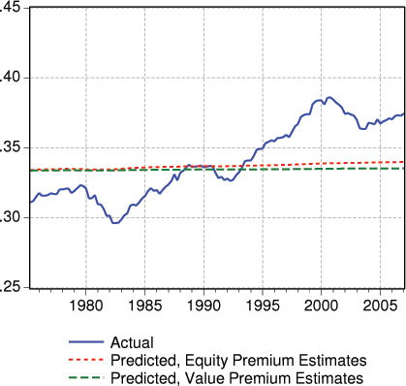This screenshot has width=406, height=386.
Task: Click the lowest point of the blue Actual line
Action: [114, 223]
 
